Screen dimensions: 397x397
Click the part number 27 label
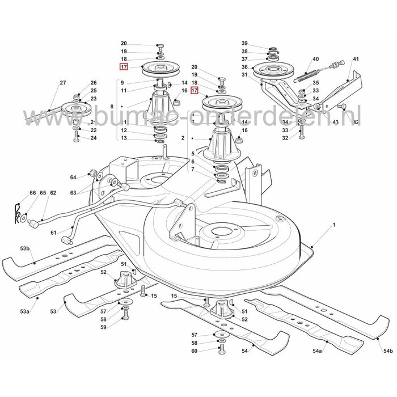click(63, 83)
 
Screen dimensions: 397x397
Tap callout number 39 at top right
click(245, 44)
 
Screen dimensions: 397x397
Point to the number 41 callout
click(356, 59)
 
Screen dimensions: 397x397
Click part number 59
click(103, 327)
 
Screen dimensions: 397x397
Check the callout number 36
click(245, 67)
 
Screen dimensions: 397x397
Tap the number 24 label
click(94, 138)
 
